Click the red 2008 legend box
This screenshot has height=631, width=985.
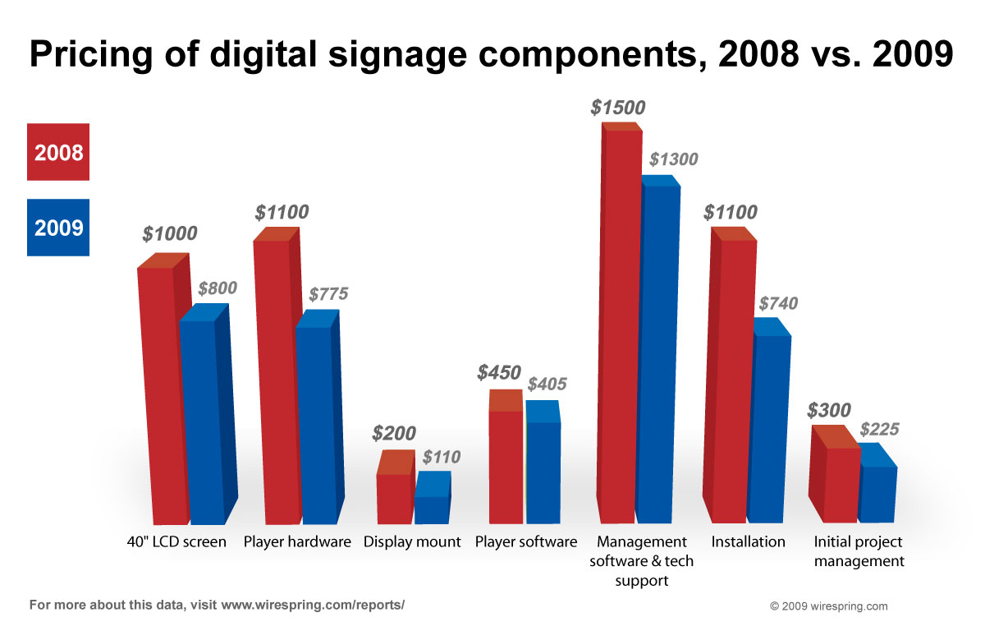57,151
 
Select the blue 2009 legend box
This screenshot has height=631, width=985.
57,227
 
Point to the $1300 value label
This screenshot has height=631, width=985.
673,159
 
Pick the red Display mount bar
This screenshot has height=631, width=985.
394,497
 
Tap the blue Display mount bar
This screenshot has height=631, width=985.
431,508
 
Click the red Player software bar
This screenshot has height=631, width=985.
506,464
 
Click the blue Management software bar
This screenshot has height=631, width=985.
657,353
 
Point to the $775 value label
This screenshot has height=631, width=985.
328,294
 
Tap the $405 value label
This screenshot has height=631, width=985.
547,384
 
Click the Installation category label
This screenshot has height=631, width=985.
748,542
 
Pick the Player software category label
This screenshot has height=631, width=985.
525,542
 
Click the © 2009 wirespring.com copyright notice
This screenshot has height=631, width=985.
828,606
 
